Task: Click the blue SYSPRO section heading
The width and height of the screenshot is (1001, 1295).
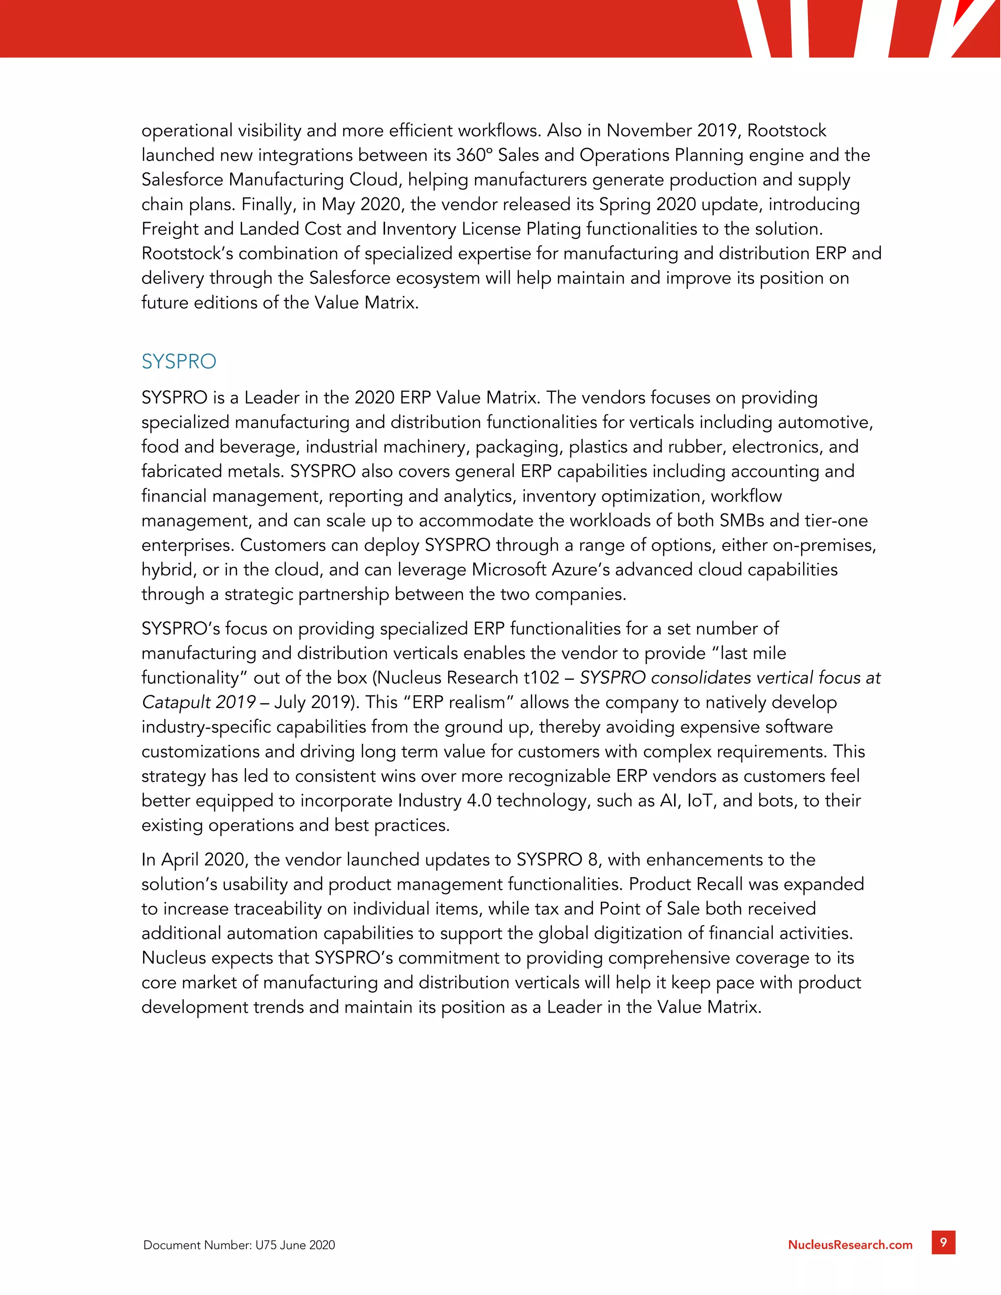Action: (x=178, y=361)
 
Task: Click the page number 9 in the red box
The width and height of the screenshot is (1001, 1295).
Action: (x=943, y=1242)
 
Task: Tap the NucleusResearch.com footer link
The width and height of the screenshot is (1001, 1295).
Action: (x=850, y=1245)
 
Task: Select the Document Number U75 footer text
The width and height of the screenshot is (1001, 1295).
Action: (x=239, y=1245)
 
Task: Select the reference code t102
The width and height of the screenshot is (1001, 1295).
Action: (x=542, y=677)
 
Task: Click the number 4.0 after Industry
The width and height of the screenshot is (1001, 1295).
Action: (x=479, y=800)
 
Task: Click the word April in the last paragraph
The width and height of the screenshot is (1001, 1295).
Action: (x=180, y=860)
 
